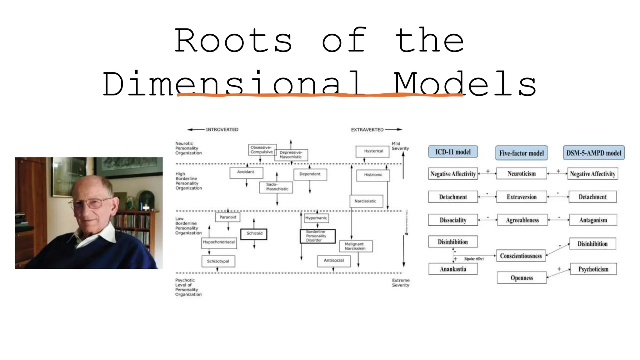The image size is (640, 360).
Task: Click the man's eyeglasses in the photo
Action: pos(91,203)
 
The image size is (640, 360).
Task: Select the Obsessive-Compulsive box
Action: pos(262,149)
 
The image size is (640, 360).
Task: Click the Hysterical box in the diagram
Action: pos(373,151)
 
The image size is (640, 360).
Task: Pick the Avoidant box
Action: pos(246,172)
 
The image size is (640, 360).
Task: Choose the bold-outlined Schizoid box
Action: pos(254,234)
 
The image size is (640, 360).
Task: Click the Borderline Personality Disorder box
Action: pos(317,236)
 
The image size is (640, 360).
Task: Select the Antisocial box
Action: pos(333,261)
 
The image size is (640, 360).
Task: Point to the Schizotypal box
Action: pos(218,261)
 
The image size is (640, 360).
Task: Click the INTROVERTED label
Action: pos(222,129)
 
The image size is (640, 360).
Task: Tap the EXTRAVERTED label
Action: pos(367,130)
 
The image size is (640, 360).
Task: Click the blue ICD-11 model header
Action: pos(453,152)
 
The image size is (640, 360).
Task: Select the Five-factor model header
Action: pos(521,153)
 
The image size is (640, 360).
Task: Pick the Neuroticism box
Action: pos(521,174)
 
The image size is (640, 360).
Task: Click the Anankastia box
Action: pos(453,269)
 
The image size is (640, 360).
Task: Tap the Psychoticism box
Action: pos(593,269)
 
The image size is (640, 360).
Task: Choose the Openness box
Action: pos(522,278)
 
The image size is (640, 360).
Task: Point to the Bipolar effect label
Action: pos(474,259)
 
